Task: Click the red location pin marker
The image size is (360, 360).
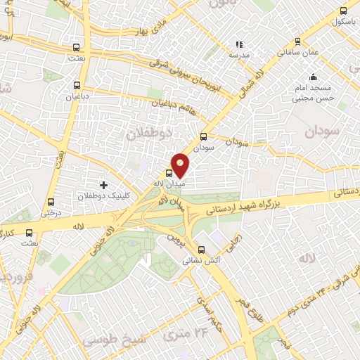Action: (181, 165)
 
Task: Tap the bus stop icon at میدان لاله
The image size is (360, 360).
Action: (169, 173)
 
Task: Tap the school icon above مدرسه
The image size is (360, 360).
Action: (239, 44)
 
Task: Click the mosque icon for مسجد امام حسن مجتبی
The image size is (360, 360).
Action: (312, 77)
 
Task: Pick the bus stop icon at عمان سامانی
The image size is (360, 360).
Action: (298, 42)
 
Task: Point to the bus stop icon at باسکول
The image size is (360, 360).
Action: (343, 11)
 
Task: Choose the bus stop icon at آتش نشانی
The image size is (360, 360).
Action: (202, 250)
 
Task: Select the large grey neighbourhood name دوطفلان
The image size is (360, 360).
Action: (147, 131)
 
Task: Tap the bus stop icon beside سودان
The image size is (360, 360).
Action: (204, 137)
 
